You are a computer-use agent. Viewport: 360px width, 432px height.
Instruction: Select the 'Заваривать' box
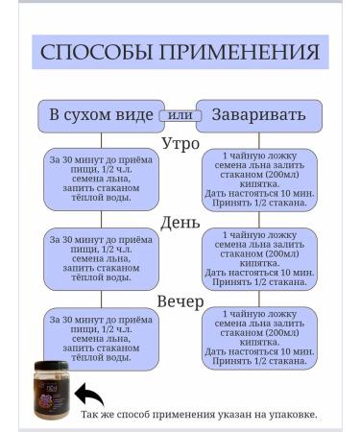(x=252, y=114)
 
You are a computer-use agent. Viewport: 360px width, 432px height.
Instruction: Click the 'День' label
(x=180, y=223)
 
